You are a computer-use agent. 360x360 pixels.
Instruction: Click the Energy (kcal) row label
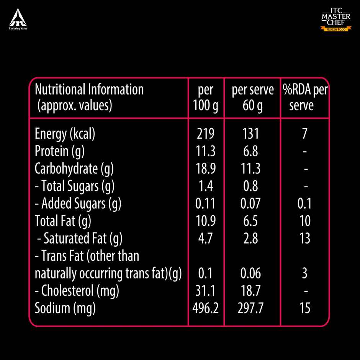[65, 134]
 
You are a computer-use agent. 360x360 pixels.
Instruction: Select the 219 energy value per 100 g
[206, 134]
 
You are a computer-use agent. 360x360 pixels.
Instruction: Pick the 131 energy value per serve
[250, 134]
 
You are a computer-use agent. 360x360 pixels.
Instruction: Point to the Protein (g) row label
[59, 152]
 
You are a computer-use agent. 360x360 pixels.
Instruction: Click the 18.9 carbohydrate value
[206, 169]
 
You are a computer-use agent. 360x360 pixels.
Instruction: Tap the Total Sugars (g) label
[75, 187]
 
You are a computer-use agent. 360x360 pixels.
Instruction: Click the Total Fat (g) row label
[63, 221]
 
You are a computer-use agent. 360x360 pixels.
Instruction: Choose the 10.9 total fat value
[206, 221]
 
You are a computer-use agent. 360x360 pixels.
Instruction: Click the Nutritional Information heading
[89, 90]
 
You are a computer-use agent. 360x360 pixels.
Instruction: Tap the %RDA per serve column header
[305, 97]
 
